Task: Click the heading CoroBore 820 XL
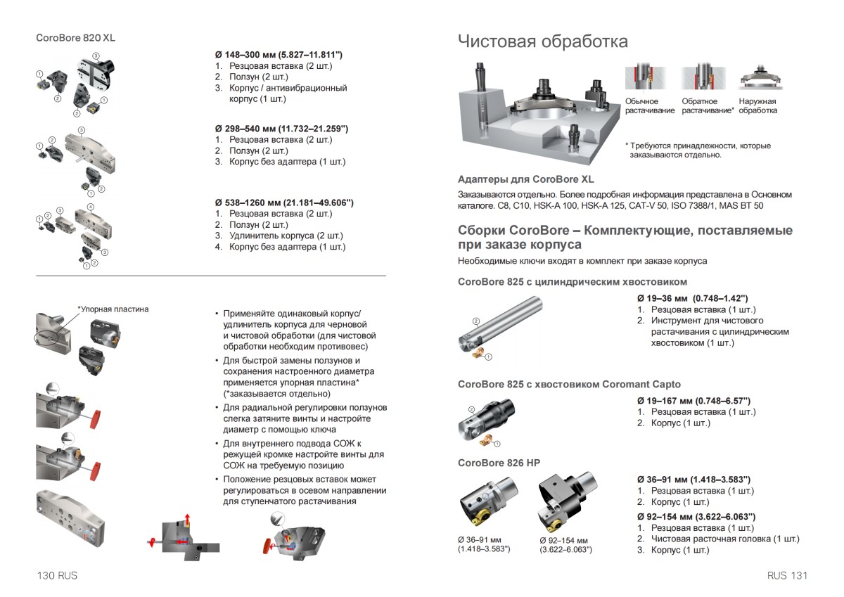75,38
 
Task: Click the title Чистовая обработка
542,41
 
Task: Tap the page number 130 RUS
57,575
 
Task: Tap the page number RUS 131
788,575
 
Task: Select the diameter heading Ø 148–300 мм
279,54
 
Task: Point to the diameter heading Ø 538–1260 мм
284,203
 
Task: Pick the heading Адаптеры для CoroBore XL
525,179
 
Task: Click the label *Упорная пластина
113,309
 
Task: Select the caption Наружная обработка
757,106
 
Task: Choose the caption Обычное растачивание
649,106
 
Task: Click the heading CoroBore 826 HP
499,463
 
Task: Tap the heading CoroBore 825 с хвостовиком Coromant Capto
569,384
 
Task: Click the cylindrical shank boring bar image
501,326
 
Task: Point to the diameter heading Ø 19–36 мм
692,298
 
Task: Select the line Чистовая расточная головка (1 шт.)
724,539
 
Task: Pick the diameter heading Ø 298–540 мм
281,129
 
